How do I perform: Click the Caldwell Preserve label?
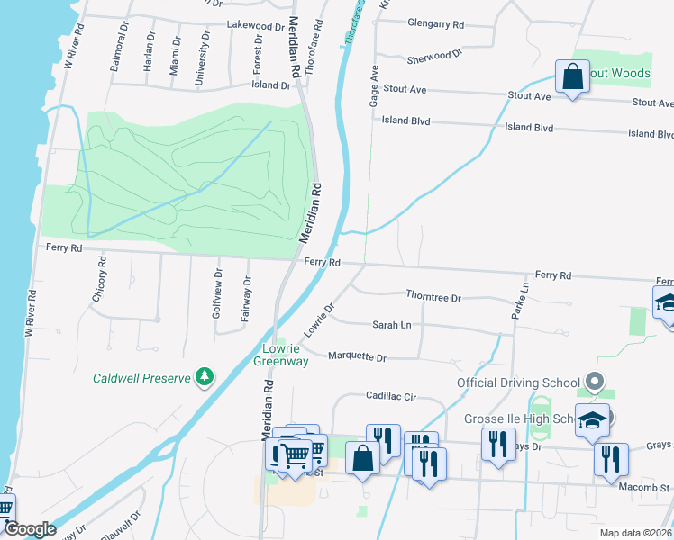tap(141, 378)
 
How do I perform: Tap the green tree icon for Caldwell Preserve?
tap(205, 376)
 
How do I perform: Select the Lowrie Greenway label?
tap(286, 355)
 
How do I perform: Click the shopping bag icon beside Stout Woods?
tap(573, 77)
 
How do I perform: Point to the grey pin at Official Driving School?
tap(594, 382)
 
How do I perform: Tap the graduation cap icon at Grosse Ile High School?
tap(593, 420)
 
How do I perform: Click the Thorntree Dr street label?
tap(433, 297)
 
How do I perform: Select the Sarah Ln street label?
tap(392, 325)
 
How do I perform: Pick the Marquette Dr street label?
tap(357, 357)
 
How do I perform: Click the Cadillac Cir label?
tap(391, 396)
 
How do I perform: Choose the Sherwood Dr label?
tap(434, 56)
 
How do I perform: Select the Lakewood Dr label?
tap(255, 25)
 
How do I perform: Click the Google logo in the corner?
tap(31, 529)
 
